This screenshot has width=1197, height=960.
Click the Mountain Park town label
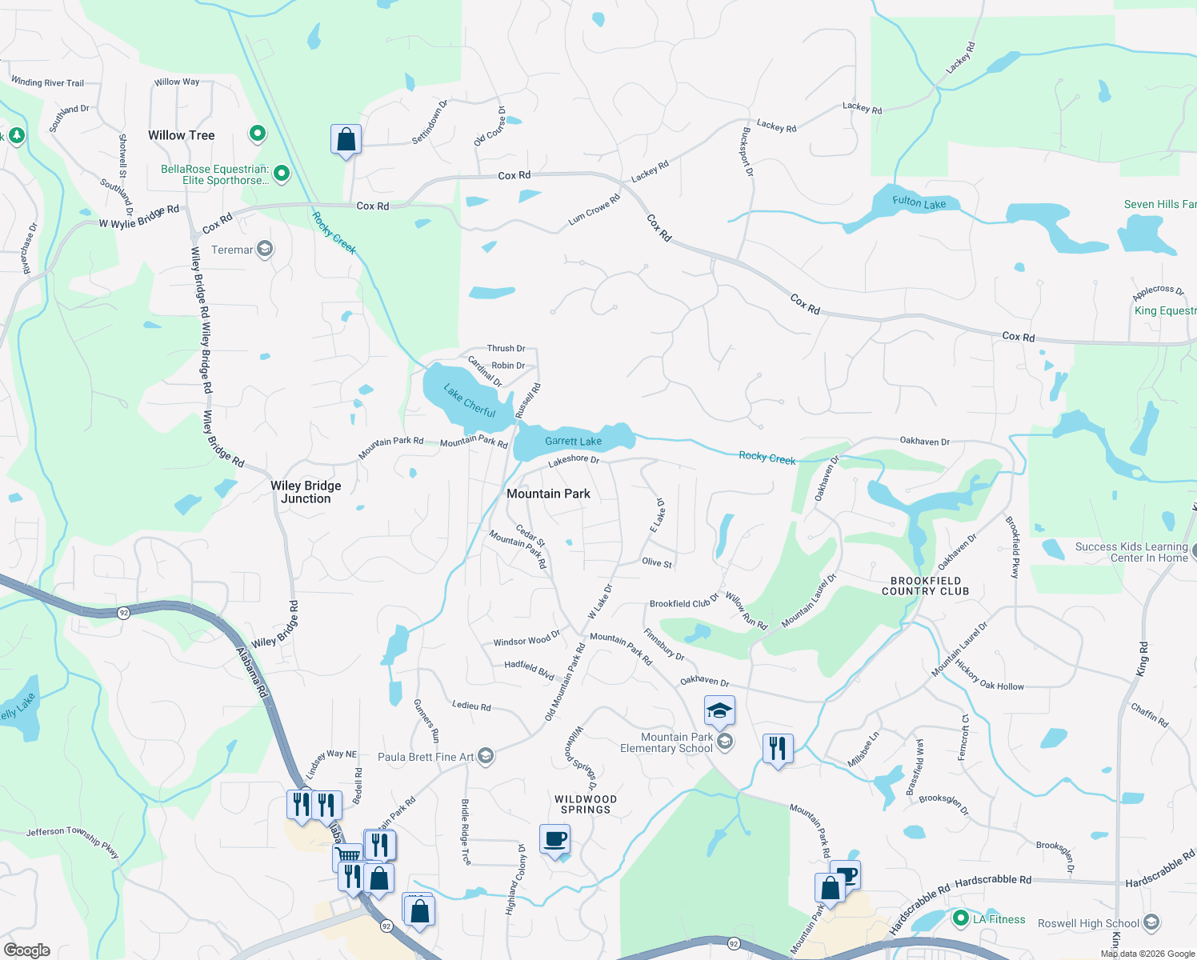548,494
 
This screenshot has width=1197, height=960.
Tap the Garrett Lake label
573,441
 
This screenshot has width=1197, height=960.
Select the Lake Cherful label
470,402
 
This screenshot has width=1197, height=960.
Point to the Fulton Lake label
919,203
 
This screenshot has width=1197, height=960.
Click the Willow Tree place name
181,135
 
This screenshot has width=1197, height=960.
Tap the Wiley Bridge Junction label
306,492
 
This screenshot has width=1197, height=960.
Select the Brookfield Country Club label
925,586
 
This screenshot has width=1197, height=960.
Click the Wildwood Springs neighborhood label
586,804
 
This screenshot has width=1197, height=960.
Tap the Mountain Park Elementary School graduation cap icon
719,710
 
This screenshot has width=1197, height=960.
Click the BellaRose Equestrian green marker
282,173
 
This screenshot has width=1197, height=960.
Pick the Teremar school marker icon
265,250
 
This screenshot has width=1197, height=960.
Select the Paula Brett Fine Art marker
485,757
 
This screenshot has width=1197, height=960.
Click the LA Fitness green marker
961,919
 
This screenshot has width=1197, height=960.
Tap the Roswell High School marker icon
1151,923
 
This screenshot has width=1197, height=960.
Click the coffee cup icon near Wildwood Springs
554,840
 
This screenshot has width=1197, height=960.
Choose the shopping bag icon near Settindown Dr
346,140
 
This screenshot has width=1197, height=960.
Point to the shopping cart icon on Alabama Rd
348,856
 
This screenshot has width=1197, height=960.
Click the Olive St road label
657,562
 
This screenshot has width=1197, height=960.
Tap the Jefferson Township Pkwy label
73,841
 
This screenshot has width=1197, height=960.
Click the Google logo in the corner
27,950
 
